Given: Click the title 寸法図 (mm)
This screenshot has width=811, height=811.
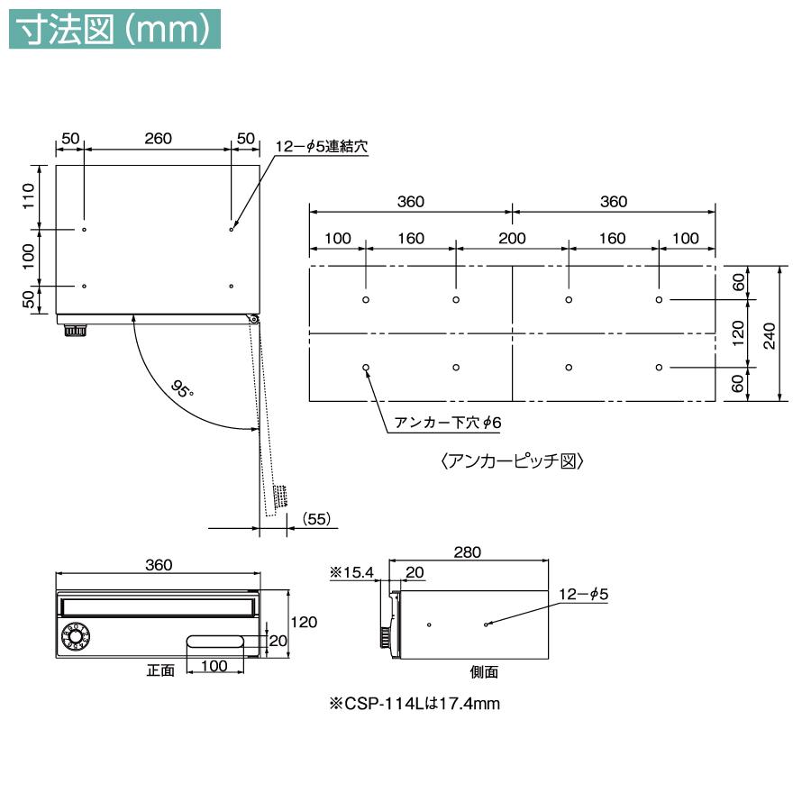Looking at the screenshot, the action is tap(114, 30).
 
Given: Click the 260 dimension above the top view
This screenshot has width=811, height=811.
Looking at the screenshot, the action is tap(158, 138).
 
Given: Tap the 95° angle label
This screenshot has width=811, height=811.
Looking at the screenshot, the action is tap(182, 389).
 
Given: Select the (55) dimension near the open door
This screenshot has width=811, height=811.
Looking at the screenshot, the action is tap(316, 518).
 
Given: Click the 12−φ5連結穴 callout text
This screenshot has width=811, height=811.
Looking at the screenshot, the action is tap(321, 146).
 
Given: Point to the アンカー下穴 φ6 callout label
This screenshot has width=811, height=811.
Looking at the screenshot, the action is tap(447, 423).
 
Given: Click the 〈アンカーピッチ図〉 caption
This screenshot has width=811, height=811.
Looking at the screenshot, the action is tap(512, 460).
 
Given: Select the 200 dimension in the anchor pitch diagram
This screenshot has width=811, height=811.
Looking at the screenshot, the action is tap(512, 238).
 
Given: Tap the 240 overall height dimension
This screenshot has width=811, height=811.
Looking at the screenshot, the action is tap(770, 335).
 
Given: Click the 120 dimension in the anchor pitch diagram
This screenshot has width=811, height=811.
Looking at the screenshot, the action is tap(738, 333).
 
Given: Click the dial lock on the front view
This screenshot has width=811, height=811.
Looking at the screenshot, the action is tap(76, 635).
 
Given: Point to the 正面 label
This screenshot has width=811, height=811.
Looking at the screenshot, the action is tap(160, 670).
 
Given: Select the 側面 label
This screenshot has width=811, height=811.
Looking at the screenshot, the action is tap(484, 671).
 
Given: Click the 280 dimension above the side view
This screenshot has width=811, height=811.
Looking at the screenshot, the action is tap(468, 551).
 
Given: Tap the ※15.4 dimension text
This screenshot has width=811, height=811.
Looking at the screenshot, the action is tap(351, 572).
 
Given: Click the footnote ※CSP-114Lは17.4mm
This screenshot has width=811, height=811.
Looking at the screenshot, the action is tap(415, 704).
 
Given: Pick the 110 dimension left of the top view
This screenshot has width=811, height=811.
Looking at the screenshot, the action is tap(29, 196).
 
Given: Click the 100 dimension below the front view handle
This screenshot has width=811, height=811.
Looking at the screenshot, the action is tap(214, 665).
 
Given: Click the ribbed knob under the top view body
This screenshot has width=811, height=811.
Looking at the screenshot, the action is tap(76, 331).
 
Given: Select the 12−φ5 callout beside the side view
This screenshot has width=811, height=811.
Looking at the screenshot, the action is tap(583, 595).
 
